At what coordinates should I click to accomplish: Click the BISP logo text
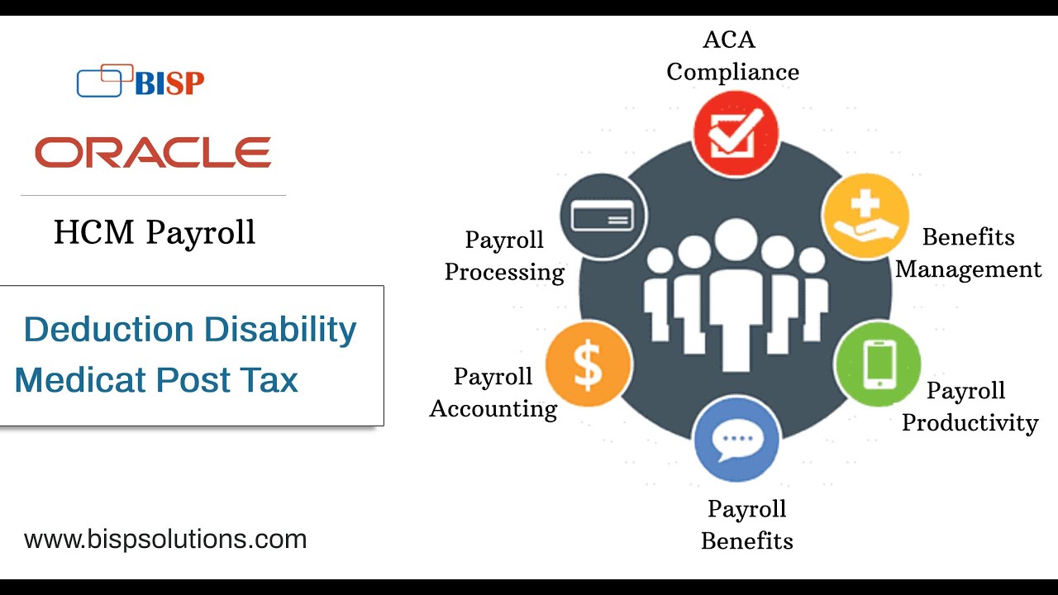click(x=169, y=83)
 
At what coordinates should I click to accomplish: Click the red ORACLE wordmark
click(x=153, y=153)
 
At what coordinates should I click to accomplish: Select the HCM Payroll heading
click(x=155, y=233)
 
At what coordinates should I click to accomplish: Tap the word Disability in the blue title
click(x=280, y=330)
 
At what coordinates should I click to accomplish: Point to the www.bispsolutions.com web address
click(x=165, y=540)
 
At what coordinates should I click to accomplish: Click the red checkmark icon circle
click(x=736, y=134)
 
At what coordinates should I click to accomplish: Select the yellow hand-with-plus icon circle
click(x=865, y=215)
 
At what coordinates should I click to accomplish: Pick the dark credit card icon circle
click(x=603, y=216)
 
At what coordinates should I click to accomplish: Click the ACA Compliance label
click(x=732, y=56)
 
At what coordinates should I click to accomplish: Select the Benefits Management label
click(x=969, y=254)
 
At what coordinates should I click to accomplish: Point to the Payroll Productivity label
click(x=970, y=407)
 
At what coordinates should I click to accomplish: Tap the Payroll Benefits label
click(x=747, y=525)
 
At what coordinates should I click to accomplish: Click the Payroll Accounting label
click(x=493, y=393)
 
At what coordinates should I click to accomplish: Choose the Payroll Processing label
click(x=504, y=256)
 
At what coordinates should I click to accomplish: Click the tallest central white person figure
click(x=736, y=297)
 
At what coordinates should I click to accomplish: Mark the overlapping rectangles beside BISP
click(x=104, y=80)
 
